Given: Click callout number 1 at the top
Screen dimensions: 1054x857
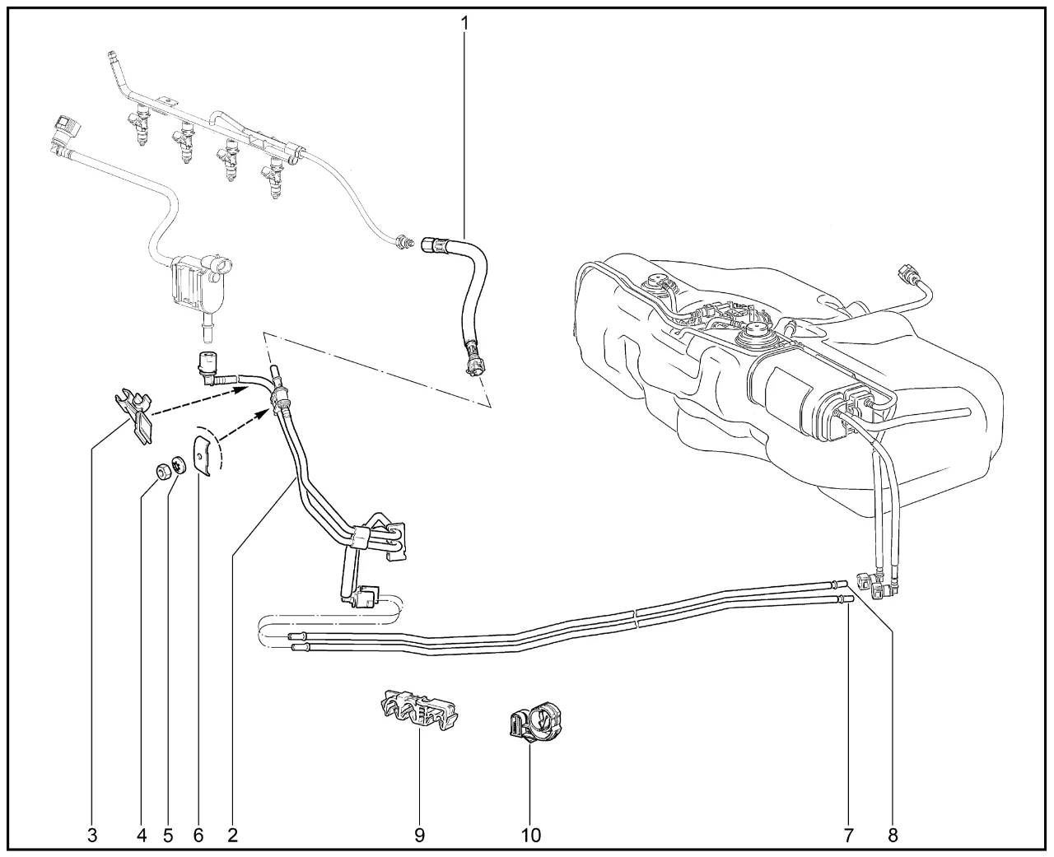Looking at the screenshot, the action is tap(464, 23).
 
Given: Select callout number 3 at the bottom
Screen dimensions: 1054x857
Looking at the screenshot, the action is tap(92, 836).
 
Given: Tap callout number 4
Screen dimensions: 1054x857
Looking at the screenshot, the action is tap(142, 836).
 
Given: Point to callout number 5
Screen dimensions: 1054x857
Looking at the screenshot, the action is tap(168, 836).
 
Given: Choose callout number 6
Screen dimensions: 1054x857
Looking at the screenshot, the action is tap(198, 836).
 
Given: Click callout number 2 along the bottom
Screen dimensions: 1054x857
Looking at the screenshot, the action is tap(232, 836).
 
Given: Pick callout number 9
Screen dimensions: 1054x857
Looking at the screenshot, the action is tap(420, 836).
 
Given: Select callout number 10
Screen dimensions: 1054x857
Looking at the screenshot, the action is tap(531, 836).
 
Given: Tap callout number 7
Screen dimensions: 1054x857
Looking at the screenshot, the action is tap(849, 836).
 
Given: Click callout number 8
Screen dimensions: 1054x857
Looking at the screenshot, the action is tap(893, 836).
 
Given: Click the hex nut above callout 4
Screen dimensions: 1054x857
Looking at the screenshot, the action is tap(162, 471).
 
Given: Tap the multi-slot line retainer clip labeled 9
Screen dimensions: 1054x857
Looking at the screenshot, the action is tap(418, 709).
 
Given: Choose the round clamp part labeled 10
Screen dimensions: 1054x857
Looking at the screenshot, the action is tap(536, 723).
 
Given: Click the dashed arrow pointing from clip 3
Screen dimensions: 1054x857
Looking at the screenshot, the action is tap(200, 402).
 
